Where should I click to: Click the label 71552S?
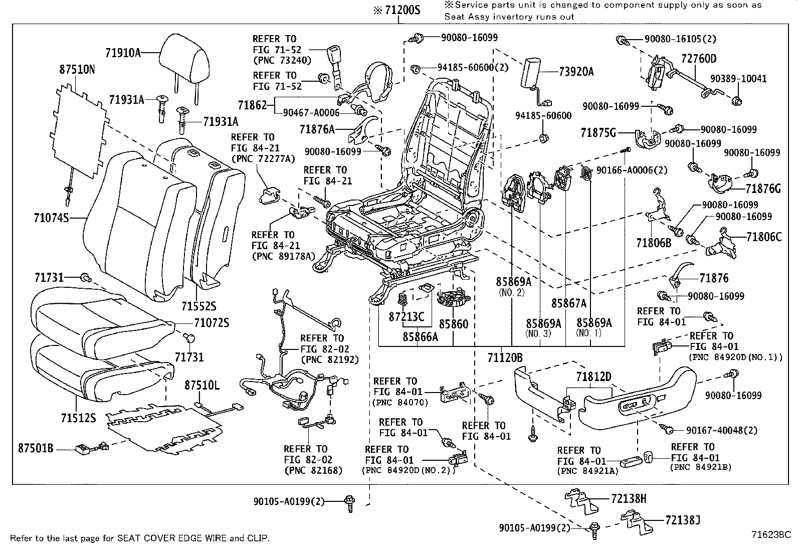point(198,306)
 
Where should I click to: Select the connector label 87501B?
point(36,448)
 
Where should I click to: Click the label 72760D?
point(699,59)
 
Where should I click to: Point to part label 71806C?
point(763,237)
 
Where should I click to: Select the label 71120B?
point(505,357)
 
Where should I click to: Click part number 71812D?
point(593,377)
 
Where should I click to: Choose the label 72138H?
point(629,498)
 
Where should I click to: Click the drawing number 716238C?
point(770,534)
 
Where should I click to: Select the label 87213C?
point(407,317)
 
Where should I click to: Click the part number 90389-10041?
point(737,79)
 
